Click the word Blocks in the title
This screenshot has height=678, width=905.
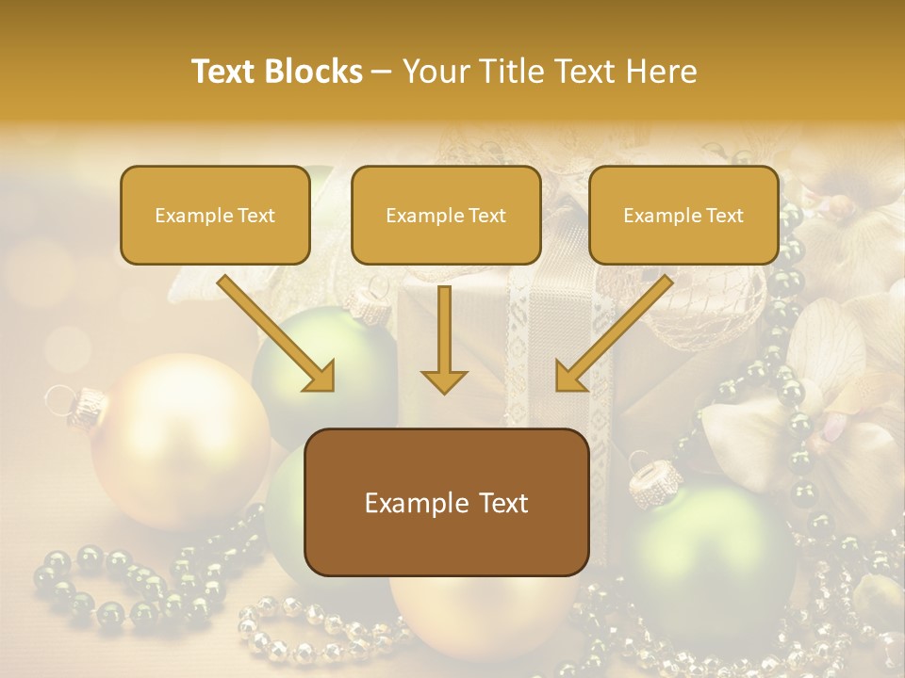[315, 72]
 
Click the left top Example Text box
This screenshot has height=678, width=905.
[215, 216]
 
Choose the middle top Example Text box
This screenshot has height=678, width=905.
[446, 216]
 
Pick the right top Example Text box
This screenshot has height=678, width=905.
[683, 216]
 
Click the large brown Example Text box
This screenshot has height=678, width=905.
[446, 502]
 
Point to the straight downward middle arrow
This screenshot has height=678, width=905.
[444, 339]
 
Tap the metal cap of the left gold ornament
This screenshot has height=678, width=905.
[87, 404]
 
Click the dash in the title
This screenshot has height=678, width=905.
[382, 73]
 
